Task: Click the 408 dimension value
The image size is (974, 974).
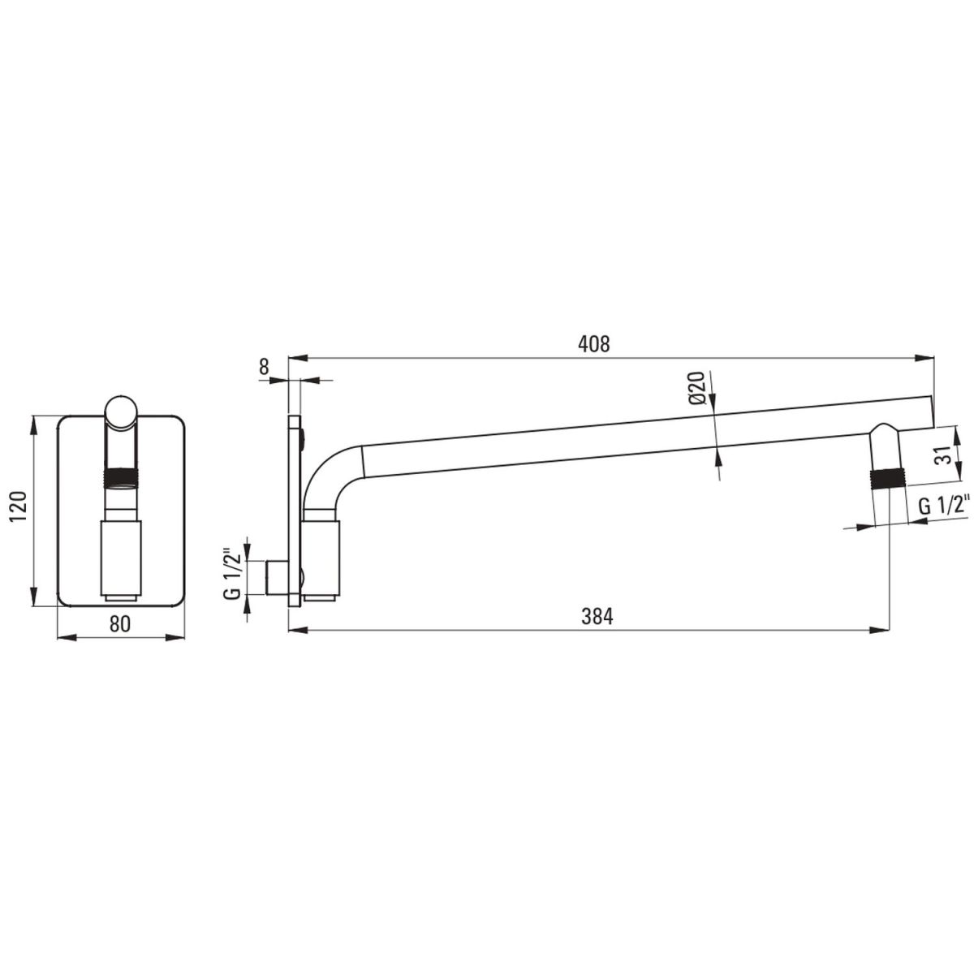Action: point(594,343)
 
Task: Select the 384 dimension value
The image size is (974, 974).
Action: point(597,616)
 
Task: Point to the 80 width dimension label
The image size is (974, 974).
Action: point(120,623)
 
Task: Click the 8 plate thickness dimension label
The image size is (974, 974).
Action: point(264,367)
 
